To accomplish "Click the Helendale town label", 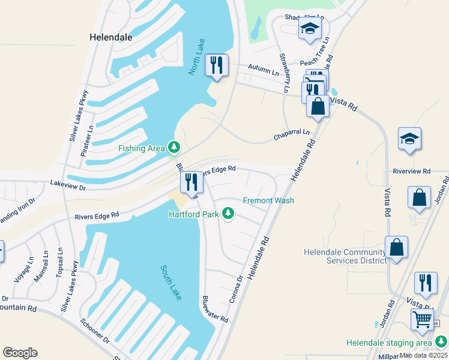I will coord(110,37).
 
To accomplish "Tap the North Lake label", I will coord(196,56).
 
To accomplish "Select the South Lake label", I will coord(171,283).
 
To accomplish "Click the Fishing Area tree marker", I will coord(174,146).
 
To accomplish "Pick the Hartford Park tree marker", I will coord(228,212).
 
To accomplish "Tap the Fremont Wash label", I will coord(268,200).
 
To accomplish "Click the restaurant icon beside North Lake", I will coord(217,65).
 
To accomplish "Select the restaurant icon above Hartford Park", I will coord(191,182).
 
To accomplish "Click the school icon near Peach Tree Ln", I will coord(310,29).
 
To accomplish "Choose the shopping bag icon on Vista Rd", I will coord(318,106).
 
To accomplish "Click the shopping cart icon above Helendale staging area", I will coord(423,319).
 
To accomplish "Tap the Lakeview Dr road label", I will coord(68,185).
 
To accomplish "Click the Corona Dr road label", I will coord(235,289).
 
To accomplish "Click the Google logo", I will coord(20,353).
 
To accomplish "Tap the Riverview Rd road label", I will coord(412,171).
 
